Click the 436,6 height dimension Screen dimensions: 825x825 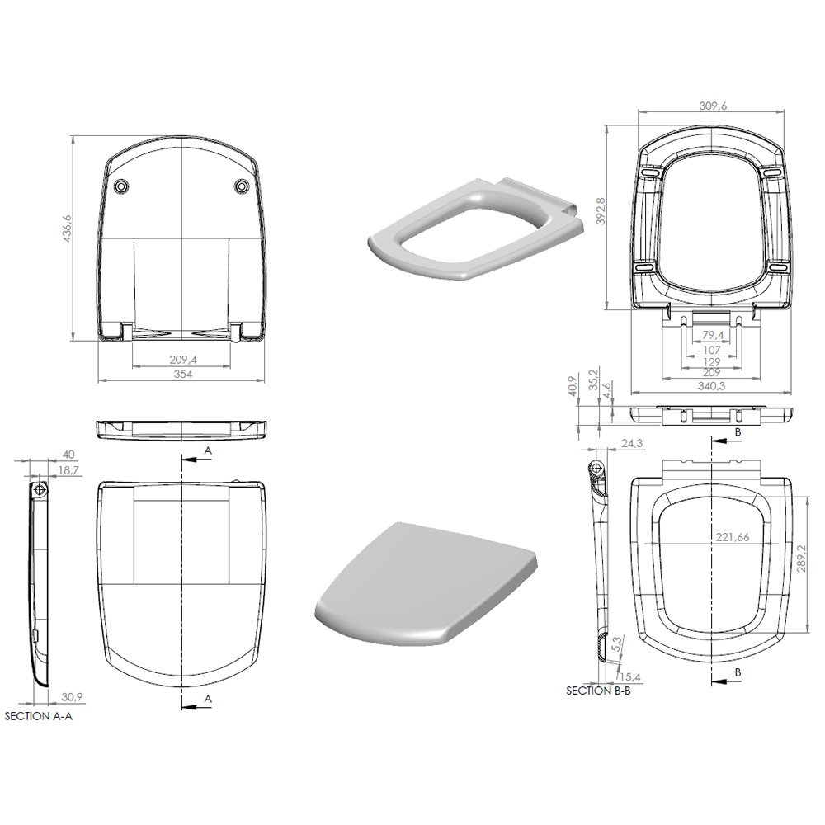[x=68, y=229]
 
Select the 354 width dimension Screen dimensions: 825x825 [x=183, y=374]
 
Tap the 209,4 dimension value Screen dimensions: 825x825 [x=183, y=360]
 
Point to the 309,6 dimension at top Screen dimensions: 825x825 [x=713, y=106]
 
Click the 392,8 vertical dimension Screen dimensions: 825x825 [x=601, y=211]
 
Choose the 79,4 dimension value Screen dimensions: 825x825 [x=713, y=335]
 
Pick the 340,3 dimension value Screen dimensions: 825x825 [x=711, y=385]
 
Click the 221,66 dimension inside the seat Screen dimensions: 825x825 [x=733, y=537]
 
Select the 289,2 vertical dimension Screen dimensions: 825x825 [x=802, y=559]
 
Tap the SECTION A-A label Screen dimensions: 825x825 [x=39, y=716]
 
